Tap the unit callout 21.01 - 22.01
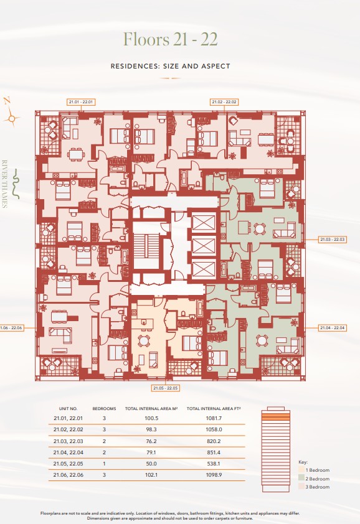point(81,101)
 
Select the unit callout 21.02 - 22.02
point(224,101)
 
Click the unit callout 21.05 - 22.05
point(166,388)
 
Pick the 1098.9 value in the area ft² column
point(214,474)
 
